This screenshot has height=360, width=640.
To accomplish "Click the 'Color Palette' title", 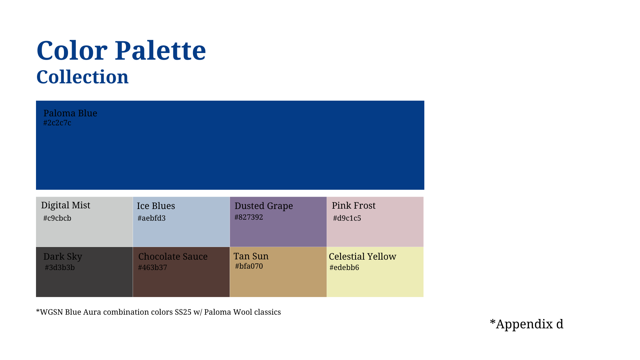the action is (x=121, y=51).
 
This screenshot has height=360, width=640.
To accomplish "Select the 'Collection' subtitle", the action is (x=82, y=77).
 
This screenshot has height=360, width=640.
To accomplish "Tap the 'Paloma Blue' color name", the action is (x=70, y=113).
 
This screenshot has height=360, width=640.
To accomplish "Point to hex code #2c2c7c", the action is (x=57, y=123).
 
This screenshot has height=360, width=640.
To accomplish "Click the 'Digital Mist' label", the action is (x=66, y=205).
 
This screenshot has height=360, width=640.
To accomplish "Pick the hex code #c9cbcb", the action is (x=57, y=218).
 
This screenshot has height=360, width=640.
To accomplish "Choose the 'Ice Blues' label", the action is (x=156, y=206).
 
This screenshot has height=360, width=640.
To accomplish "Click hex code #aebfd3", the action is (x=152, y=218).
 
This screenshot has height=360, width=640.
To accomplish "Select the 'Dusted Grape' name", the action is (x=264, y=206).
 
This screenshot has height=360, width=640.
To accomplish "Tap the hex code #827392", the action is (x=249, y=217).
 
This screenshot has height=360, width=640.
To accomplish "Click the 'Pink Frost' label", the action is (x=354, y=205).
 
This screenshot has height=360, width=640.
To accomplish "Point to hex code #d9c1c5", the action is (x=347, y=218).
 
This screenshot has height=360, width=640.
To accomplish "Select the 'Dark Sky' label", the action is (x=63, y=257).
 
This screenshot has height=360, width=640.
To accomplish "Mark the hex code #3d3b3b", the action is (x=60, y=267).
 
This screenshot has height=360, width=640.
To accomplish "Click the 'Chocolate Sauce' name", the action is (x=173, y=256).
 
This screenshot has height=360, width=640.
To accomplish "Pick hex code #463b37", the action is (x=153, y=267).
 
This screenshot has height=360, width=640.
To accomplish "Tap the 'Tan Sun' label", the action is (x=251, y=256).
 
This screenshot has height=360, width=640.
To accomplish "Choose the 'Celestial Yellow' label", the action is (x=363, y=256).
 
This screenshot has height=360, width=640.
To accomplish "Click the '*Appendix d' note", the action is (x=527, y=324).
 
